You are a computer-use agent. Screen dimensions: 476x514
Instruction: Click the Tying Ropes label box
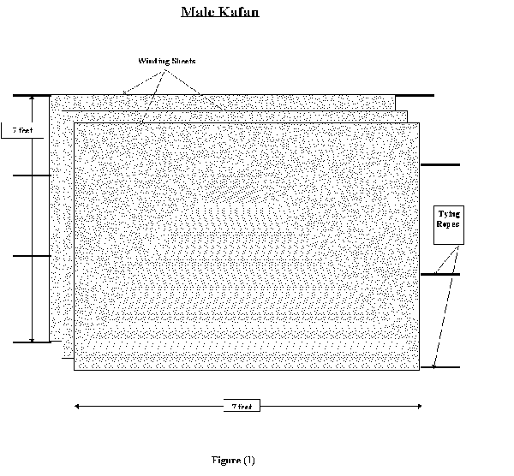[x=448, y=225]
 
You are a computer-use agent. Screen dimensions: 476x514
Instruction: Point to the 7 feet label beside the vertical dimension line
[x=15, y=130]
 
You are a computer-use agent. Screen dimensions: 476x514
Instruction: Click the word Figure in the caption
[x=224, y=460]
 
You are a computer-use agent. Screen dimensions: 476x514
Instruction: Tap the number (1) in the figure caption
[x=248, y=460]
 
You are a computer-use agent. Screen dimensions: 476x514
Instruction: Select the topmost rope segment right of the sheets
[x=415, y=96]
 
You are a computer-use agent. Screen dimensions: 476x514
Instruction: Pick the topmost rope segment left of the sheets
[x=32, y=95]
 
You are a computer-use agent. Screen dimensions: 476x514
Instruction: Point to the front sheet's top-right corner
[x=419, y=124]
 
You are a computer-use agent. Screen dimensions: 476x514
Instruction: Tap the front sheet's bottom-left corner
[x=75, y=370]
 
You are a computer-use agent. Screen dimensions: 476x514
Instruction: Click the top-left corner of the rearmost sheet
[x=51, y=95]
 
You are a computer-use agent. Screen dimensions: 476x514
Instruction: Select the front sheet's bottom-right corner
[x=419, y=370]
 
